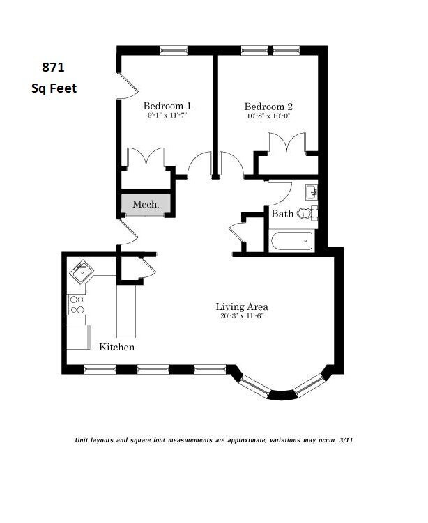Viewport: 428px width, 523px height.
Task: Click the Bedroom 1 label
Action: pyautogui.click(x=167, y=106)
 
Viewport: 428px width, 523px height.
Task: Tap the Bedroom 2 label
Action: pyautogui.click(x=268, y=107)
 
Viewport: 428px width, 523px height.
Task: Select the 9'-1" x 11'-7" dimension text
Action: pyautogui.click(x=167, y=116)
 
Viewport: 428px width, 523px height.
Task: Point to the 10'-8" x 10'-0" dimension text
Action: pyautogui.click(x=268, y=116)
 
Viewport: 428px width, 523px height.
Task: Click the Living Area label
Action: pyautogui.click(x=242, y=306)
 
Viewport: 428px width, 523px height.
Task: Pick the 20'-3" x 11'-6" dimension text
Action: pyautogui.click(x=242, y=316)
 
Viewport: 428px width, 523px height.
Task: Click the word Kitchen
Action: pyautogui.click(x=117, y=347)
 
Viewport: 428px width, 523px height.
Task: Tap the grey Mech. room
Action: pyautogui.click(x=146, y=204)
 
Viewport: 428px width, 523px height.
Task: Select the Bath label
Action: pyautogui.click(x=282, y=214)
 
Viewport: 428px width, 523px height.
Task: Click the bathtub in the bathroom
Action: pyautogui.click(x=292, y=241)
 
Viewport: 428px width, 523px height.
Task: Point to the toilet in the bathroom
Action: pyautogui.click(x=307, y=213)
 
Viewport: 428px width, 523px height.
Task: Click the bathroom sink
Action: pyautogui.click(x=311, y=192)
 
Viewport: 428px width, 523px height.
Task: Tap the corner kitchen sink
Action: pyautogui.click(x=82, y=272)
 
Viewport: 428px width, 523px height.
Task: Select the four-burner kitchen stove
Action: pyautogui.click(x=77, y=304)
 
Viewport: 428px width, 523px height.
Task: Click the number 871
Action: pyautogui.click(x=53, y=68)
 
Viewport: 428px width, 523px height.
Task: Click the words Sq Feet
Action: pyautogui.click(x=54, y=88)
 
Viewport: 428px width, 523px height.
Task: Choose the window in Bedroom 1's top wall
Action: pyautogui.click(x=174, y=50)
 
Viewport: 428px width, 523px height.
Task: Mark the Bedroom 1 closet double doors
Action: pyautogui.click(x=146, y=157)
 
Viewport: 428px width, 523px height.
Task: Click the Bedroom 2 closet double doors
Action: pyautogui.click(x=286, y=143)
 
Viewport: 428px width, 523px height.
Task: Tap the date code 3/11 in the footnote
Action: pyautogui.click(x=346, y=440)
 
